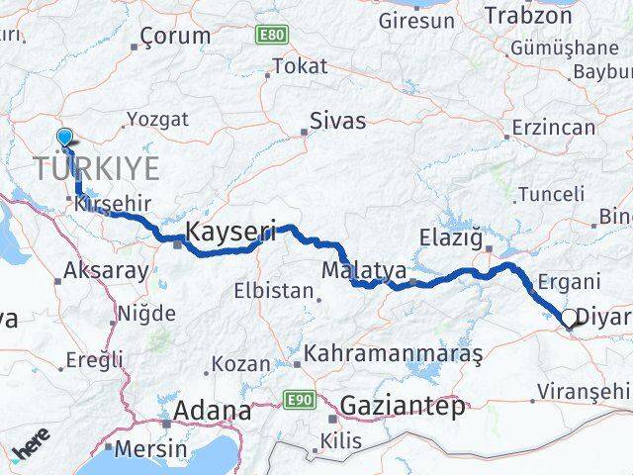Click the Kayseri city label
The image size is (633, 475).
click(x=230, y=234)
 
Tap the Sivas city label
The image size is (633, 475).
click(x=337, y=122)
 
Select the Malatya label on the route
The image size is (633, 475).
click(x=356, y=269)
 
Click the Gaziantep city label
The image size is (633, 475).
click(x=401, y=407)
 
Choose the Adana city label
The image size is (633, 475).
click(x=212, y=411)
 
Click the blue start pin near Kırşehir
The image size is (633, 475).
click(x=65, y=139)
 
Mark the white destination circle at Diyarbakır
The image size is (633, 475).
click(x=571, y=319)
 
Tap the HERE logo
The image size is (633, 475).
click(x=32, y=449)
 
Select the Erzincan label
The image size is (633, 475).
click(x=554, y=128)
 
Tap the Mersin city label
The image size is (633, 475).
click(x=149, y=447)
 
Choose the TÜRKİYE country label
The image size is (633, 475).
click(x=95, y=167)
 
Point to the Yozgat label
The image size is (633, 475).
click(x=155, y=119)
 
